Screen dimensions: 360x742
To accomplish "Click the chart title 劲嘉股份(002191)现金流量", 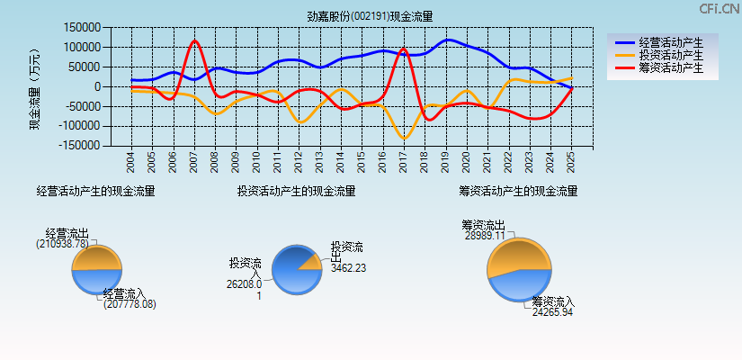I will point(370,15).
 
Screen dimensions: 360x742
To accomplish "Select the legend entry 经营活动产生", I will point(666,42).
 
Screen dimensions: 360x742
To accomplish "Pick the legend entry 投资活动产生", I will point(666,55).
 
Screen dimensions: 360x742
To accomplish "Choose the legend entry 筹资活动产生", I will point(666,67).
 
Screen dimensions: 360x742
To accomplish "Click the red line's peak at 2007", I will point(194,40).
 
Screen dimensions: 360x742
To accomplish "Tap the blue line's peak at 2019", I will point(448,40).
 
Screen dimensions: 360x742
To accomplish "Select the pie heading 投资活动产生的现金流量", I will point(296,191).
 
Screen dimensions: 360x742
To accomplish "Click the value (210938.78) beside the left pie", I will point(63,243).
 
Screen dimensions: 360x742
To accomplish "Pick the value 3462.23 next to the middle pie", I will point(348,267).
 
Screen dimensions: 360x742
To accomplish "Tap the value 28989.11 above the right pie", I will point(485,236).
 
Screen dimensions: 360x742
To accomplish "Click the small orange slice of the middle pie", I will point(311,263).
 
